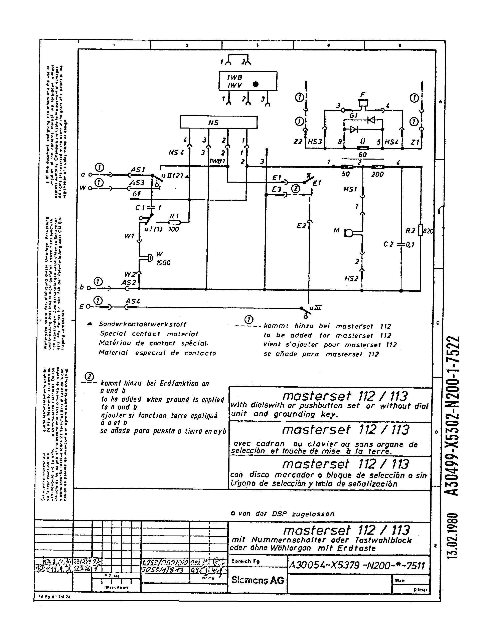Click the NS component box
(x=218, y=122)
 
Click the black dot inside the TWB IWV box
(x=255, y=84)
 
